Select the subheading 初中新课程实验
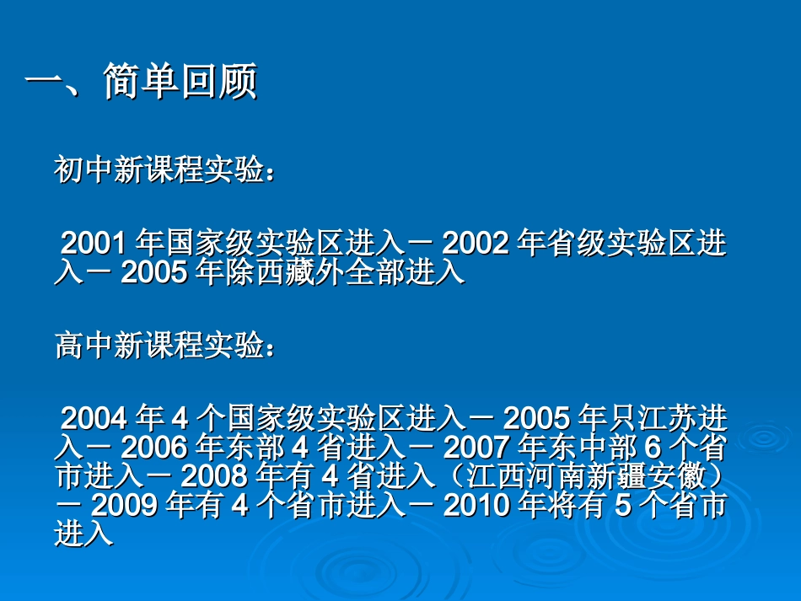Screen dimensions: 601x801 (160, 171)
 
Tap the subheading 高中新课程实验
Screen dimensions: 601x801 (160, 345)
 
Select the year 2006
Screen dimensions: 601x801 (154, 447)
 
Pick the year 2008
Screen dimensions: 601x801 (215, 476)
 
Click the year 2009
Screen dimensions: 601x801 (124, 506)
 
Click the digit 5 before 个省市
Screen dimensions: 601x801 (617, 506)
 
